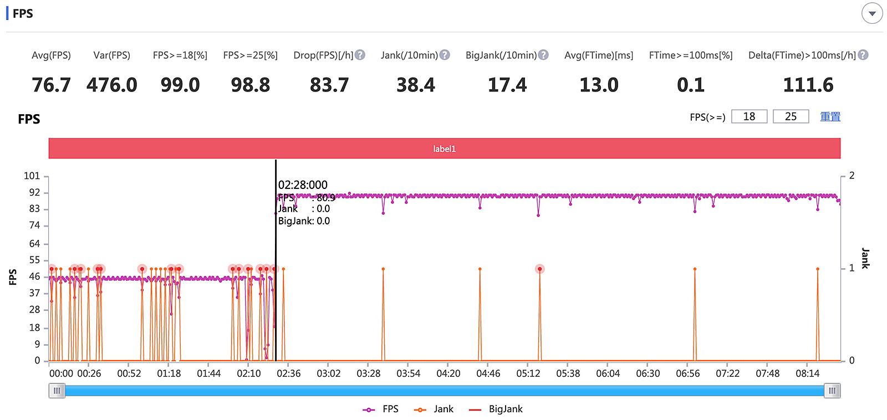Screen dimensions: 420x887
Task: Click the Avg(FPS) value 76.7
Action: click(51, 85)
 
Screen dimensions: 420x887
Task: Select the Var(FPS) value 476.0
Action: click(111, 85)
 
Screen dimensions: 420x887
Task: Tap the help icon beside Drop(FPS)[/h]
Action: click(360, 55)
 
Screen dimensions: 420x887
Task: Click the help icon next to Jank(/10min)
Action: click(445, 55)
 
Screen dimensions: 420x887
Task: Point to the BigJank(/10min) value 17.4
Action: click(507, 85)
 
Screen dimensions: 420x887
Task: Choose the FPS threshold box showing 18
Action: click(749, 116)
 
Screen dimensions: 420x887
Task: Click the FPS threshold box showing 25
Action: click(791, 116)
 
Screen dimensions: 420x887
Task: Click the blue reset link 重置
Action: click(830, 116)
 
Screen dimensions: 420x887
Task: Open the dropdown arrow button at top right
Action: click(872, 13)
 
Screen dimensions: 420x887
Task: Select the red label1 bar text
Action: click(444, 148)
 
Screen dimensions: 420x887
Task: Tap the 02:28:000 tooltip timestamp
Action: click(303, 185)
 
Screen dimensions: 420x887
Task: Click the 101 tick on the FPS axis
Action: click(32, 176)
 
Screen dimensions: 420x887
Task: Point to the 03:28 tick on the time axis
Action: click(368, 373)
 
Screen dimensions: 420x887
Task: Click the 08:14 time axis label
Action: click(807, 373)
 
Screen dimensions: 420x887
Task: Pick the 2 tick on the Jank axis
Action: click(852, 176)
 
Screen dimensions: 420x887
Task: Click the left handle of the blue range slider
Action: click(57, 391)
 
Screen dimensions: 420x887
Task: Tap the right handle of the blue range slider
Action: click(832, 391)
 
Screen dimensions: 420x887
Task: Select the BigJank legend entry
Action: click(496, 409)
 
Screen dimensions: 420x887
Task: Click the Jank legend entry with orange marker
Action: click(434, 409)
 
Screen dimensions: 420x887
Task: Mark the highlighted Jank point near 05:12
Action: click(539, 269)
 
